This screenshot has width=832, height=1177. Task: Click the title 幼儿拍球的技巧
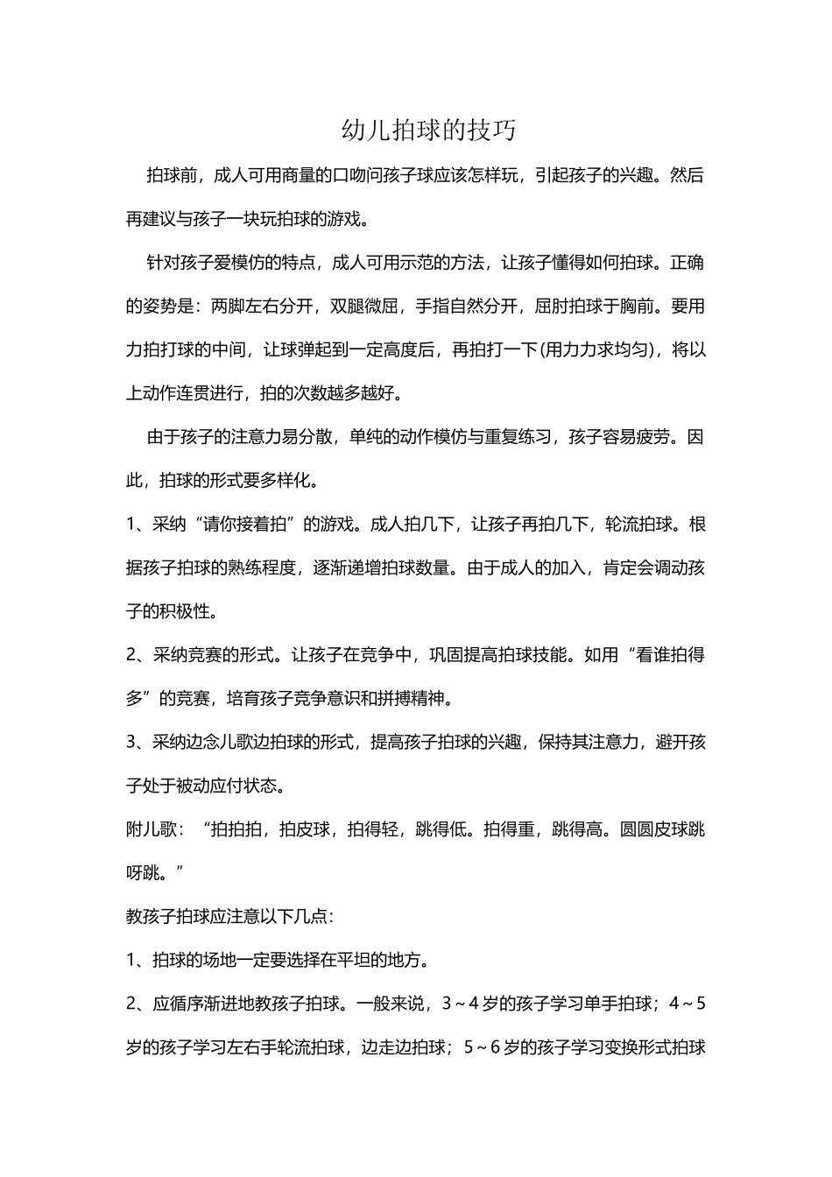click(429, 130)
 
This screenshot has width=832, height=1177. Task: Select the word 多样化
click(279, 481)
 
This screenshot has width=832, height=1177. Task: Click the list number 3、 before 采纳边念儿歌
click(138, 743)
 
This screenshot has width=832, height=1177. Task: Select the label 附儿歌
click(152, 829)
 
